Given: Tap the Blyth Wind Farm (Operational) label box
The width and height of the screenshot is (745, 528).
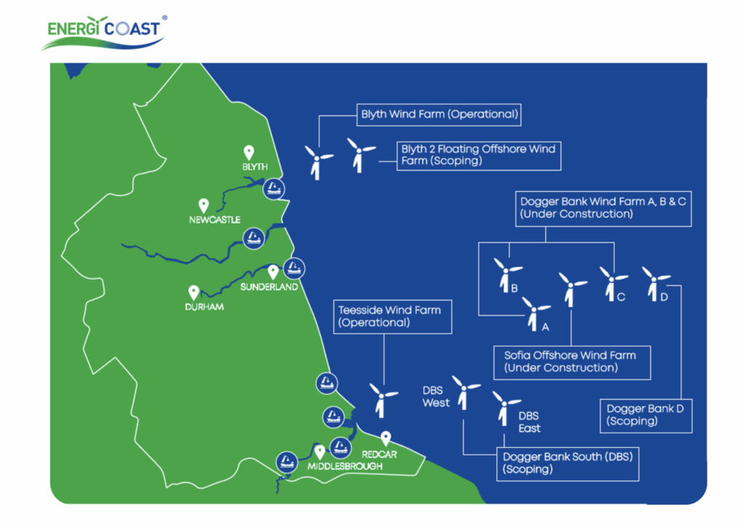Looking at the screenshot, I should click(x=440, y=114).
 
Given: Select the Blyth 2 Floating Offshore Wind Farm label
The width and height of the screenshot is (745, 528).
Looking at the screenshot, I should click(x=478, y=155).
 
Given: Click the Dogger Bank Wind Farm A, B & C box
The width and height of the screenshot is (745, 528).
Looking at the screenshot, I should click(x=603, y=208).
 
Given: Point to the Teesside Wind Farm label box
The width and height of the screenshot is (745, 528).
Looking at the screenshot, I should click(x=389, y=316).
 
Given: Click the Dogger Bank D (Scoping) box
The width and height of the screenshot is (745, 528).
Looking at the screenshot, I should click(x=645, y=415).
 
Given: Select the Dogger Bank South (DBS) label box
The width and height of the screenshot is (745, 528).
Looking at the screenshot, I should click(x=567, y=463).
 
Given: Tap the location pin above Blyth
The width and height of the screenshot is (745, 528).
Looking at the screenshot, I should click(x=249, y=152).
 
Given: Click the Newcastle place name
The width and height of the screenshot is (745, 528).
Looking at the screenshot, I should click(x=215, y=220).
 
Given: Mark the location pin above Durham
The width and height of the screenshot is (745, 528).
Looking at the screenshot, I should click(x=194, y=292).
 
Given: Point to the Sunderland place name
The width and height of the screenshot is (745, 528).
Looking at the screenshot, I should click(x=269, y=288).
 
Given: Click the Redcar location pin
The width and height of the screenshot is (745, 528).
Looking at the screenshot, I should click(x=386, y=438).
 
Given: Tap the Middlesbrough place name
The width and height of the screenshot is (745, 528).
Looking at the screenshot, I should click(x=345, y=466).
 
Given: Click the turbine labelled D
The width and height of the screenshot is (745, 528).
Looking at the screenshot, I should click(x=653, y=283).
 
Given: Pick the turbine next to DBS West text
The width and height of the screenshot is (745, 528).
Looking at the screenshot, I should click(x=464, y=393).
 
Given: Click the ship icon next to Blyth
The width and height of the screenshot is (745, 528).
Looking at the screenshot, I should click(x=274, y=189).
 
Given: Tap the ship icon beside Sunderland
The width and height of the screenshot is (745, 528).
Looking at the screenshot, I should click(x=293, y=267).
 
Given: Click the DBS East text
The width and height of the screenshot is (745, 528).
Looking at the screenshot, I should click(x=530, y=422).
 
